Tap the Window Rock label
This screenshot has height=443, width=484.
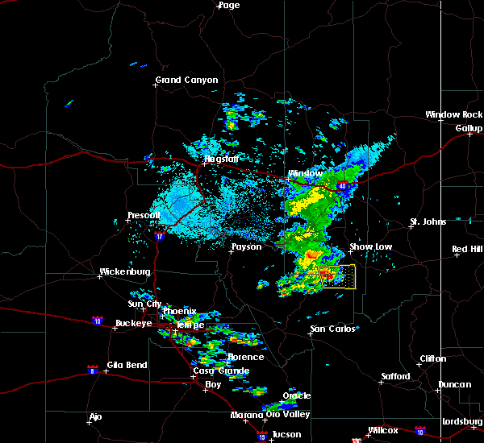[454, 115]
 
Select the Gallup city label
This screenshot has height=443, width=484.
[469, 128]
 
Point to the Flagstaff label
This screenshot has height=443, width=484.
[220, 159]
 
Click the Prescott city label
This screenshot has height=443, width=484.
[145, 215]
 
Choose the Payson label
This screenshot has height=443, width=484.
[246, 246]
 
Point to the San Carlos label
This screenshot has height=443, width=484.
[332, 329]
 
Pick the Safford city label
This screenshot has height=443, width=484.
[395, 376]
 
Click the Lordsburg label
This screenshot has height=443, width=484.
[462, 421]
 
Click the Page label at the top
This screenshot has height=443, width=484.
[229, 6]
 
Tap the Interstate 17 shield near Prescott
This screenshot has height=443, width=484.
[159, 237]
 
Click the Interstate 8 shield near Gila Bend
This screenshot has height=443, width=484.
[92, 370]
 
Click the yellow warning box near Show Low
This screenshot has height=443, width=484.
[337, 276]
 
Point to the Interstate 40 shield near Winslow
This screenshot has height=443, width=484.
[344, 187]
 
